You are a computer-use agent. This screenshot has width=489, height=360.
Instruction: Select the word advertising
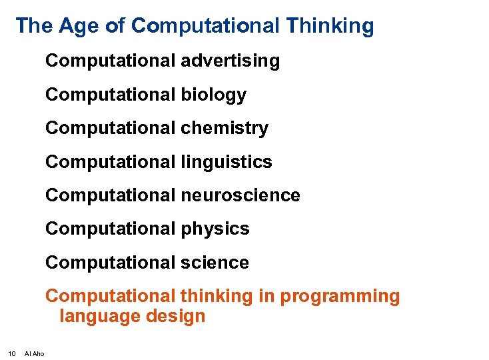click(231, 61)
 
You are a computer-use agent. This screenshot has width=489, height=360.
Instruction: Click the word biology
click(213, 95)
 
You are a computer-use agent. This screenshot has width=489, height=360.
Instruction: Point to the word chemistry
click(225, 128)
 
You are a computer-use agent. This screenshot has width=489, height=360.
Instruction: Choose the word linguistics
click(227, 162)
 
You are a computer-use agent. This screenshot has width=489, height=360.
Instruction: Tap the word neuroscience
click(241, 195)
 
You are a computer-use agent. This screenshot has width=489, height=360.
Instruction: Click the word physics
click(215, 229)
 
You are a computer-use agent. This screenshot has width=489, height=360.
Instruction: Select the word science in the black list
click(215, 263)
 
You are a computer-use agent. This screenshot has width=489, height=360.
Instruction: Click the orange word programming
click(340, 297)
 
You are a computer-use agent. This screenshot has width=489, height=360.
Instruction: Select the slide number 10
click(11, 353)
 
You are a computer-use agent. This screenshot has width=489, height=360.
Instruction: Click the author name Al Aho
click(34, 353)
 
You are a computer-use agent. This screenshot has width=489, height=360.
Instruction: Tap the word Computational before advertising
click(111, 61)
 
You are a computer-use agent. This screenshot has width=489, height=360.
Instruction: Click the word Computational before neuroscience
click(111, 195)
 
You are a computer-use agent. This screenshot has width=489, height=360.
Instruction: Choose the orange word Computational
click(111, 296)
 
